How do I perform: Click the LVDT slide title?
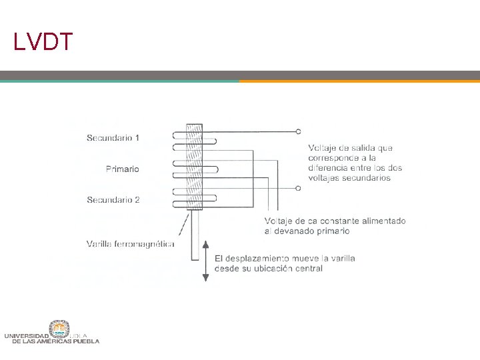click(43, 41)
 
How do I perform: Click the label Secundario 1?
click(113, 138)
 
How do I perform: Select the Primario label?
click(123, 169)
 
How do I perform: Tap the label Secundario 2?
click(113, 199)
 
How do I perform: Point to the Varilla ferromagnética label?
click(131, 243)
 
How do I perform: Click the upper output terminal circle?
click(299, 131)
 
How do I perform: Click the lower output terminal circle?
click(299, 188)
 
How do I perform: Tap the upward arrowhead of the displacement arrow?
click(206, 244)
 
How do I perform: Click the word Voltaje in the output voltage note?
click(323, 147)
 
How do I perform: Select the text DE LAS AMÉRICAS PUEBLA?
click(56, 341)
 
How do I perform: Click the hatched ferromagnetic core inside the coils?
click(194, 167)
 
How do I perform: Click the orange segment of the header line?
click(359, 81)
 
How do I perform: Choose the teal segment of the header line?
click(119, 81)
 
